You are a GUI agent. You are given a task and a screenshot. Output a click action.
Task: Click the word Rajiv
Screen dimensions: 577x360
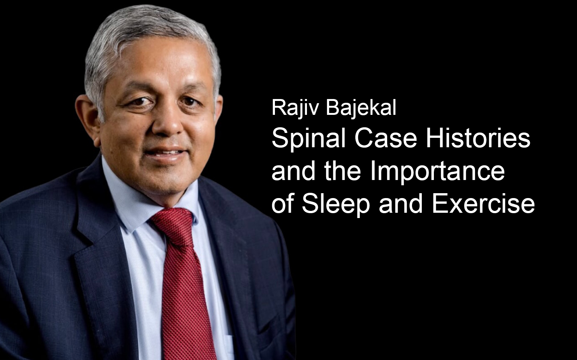[x=296, y=108]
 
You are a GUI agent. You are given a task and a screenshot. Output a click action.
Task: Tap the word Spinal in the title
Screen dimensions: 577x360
[x=308, y=139]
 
